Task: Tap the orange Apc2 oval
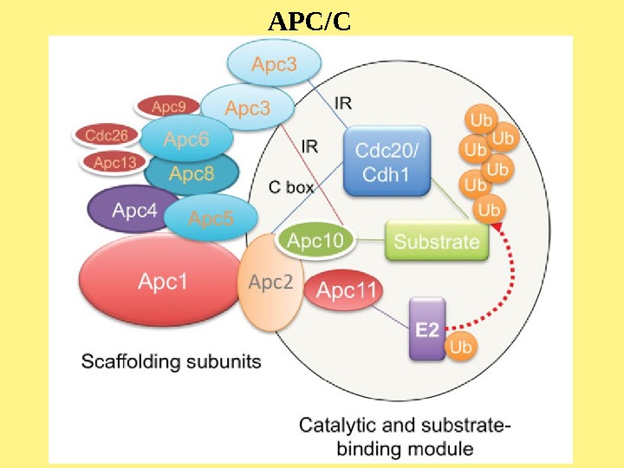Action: (270, 283)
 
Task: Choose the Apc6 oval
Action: (186, 139)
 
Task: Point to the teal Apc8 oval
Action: (192, 173)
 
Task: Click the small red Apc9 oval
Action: (168, 107)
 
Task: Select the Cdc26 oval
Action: (107, 135)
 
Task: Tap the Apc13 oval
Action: (114, 161)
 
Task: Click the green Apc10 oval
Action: (315, 242)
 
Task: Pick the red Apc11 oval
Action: (346, 290)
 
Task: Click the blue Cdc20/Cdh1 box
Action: (387, 161)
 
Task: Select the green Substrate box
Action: (436, 241)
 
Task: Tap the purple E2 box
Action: (426, 329)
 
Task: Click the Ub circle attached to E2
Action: (461, 347)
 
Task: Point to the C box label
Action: (291, 186)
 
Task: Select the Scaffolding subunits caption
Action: (171, 361)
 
